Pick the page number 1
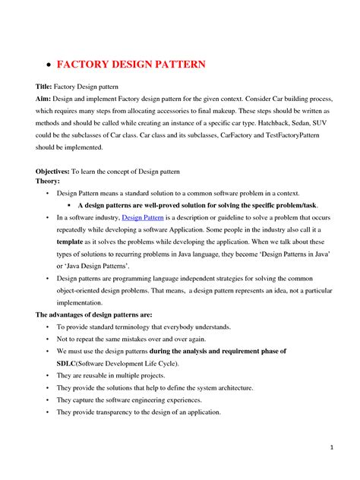[x=333, y=447]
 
